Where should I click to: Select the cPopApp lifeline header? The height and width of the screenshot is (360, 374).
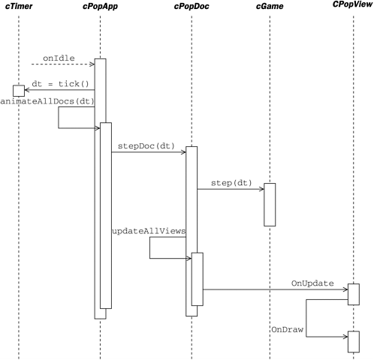click(99, 7)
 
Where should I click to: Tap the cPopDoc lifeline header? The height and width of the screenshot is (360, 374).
click(192, 7)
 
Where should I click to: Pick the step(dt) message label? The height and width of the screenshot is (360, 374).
click(231, 181)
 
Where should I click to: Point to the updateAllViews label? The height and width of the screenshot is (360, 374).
click(148, 232)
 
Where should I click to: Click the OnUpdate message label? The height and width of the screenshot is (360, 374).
click(314, 283)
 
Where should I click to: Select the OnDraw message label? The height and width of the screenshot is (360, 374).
click(287, 328)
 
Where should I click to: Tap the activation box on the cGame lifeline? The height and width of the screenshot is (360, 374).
click(270, 204)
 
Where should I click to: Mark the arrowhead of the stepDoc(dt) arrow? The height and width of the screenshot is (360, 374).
click(183, 152)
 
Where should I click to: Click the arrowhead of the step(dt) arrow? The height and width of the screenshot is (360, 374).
click(261, 189)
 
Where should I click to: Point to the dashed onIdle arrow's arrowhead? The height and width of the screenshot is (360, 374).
click(92, 65)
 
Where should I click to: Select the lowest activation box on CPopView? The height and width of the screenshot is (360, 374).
click(354, 341)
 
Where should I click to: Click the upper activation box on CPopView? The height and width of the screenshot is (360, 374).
click(354, 294)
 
